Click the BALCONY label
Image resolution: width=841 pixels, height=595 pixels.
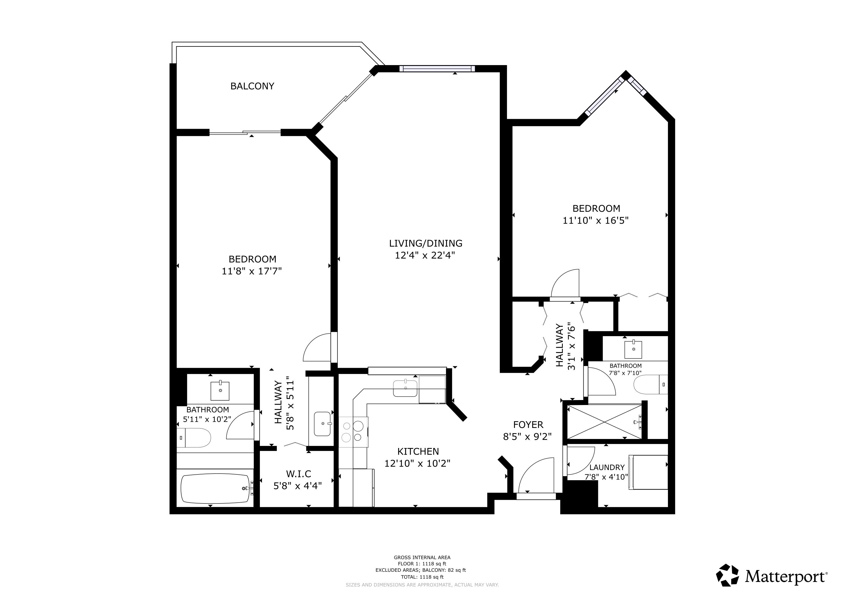coord(252,86)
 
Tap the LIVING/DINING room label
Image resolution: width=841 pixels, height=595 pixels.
coord(426,243)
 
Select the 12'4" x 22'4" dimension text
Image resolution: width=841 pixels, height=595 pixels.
coord(425,255)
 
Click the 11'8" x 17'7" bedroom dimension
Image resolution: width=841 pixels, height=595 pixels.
coord(252,271)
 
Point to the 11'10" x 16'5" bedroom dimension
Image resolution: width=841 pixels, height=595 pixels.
coord(596,221)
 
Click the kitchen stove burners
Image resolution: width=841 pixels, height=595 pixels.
coord(352,432)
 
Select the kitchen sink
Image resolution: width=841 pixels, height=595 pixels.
coord(405,388)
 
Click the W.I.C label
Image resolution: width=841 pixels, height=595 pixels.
coord(298,474)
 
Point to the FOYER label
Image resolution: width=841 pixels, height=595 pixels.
coord(528,425)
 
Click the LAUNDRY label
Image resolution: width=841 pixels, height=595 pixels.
coord(607,467)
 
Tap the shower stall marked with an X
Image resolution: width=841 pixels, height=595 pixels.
coord(604,422)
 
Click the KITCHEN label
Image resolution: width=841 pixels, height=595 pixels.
coord(418,451)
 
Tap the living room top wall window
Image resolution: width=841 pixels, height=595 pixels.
coord(437,69)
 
